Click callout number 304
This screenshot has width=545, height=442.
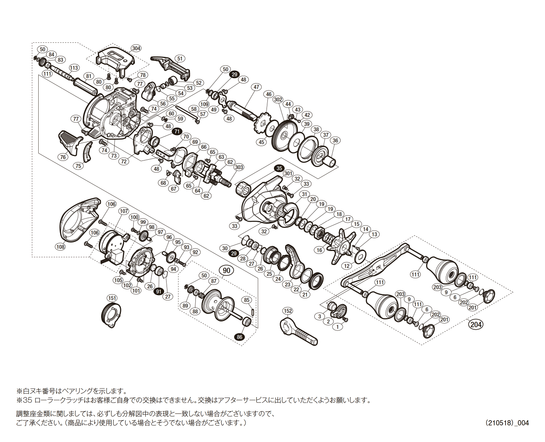[x=137, y=49]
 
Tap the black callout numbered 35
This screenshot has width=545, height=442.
[x=279, y=168]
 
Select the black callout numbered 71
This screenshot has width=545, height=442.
[x=177, y=132]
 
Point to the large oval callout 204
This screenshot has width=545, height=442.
[x=476, y=325]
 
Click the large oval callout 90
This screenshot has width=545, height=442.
[x=227, y=270]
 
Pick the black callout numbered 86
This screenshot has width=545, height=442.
[x=239, y=337]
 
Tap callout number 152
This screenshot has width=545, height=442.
[x=288, y=311]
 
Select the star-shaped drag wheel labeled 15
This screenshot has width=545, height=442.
[x=341, y=246]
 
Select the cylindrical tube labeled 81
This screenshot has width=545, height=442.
[x=86, y=87]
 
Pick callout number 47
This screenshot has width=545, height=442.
[x=256, y=87]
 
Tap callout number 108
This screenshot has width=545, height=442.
[x=60, y=247]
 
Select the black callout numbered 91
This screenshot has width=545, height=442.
[x=159, y=291]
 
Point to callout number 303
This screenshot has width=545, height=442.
[x=239, y=167]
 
